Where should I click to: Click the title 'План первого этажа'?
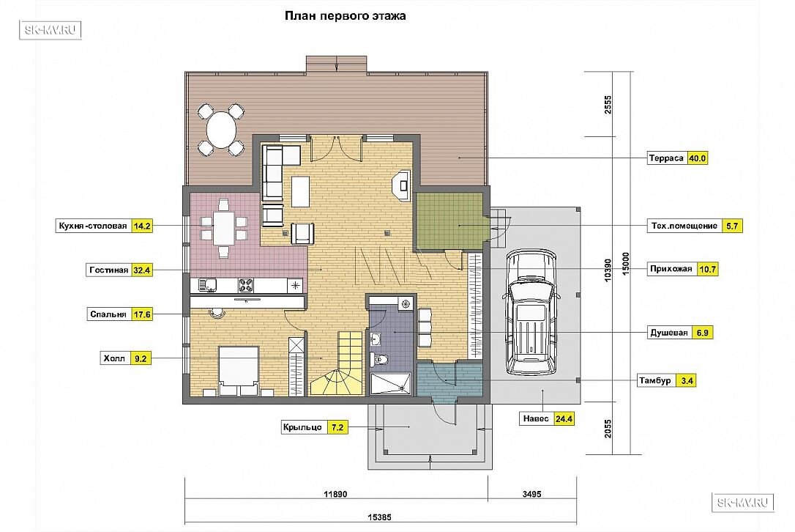tap(345, 15)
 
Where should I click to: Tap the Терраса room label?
tap(666, 158)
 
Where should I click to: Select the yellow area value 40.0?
tap(697, 158)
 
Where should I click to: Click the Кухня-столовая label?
tap(93, 226)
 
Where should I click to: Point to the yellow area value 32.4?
tap(141, 270)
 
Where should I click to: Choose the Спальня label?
tap(108, 314)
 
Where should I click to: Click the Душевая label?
tap(669, 333)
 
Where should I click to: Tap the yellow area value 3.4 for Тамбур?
tap(687, 380)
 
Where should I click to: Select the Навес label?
tap(536, 419)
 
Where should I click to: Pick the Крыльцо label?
tap(302, 427)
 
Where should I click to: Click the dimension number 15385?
tap(379, 518)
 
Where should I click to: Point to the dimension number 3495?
tap(532, 494)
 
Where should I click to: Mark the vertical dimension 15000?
tap(626, 264)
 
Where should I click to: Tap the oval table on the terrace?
tap(222, 130)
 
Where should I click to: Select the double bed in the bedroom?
tap(239, 371)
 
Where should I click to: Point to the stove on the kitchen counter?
tap(246, 285)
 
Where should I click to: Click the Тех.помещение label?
tap(684, 226)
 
